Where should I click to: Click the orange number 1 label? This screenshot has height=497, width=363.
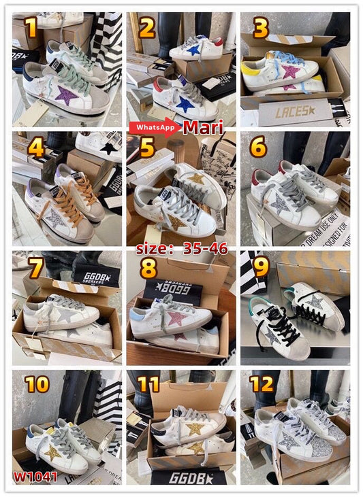[x=29, y=28]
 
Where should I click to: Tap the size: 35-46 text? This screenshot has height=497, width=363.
[x=182, y=248]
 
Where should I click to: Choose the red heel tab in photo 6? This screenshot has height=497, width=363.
[x=257, y=178]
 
